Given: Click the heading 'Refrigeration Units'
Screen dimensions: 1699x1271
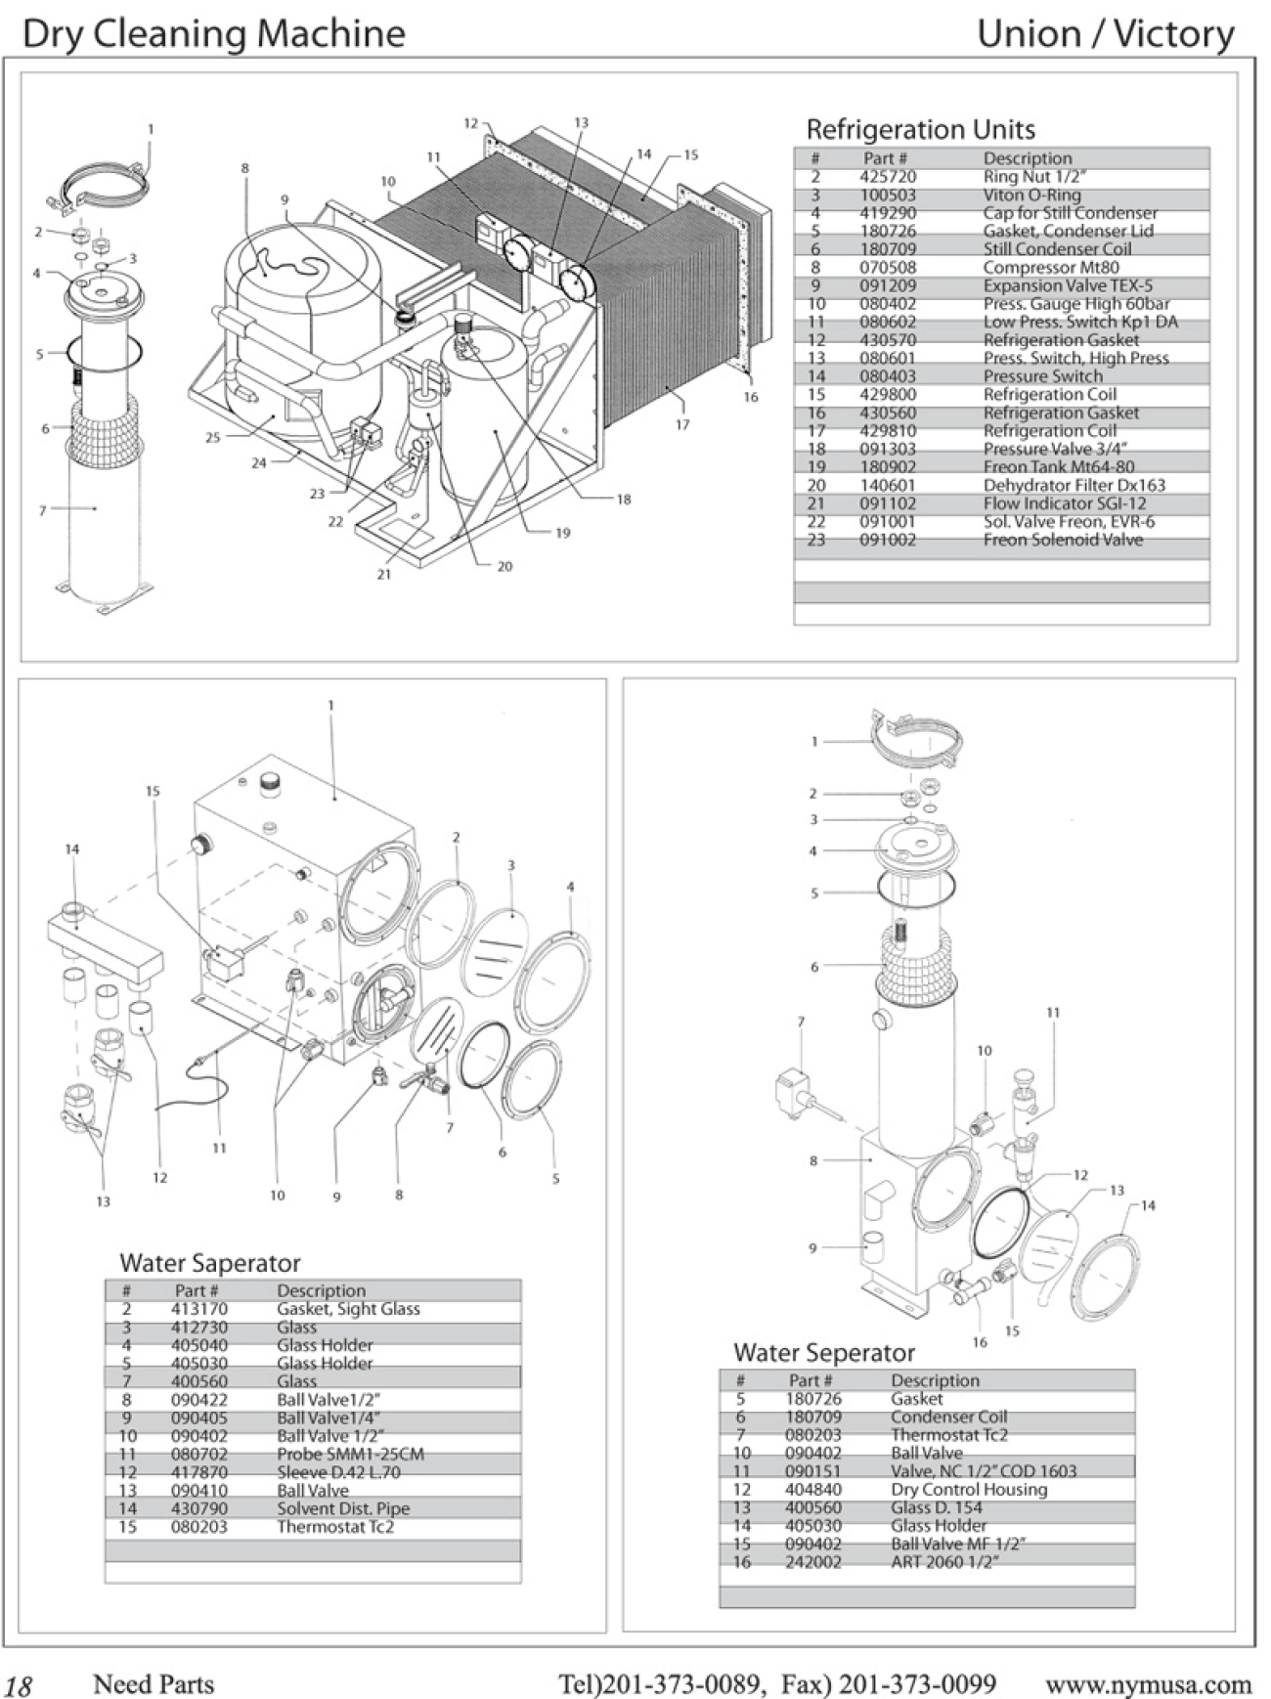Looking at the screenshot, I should pyautogui.click(x=920, y=129).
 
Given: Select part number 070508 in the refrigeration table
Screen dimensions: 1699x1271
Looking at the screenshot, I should pyautogui.click(x=887, y=268).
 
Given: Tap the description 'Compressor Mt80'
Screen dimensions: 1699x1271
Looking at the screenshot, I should pyautogui.click(x=1051, y=268).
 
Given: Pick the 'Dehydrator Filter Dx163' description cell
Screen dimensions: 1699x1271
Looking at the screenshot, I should pyautogui.click(x=1074, y=485).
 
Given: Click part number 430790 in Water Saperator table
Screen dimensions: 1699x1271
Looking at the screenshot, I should pyautogui.click(x=199, y=1508).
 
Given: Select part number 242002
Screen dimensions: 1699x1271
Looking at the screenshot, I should pyautogui.click(x=812, y=1562).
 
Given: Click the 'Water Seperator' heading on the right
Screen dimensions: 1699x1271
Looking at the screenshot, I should pyautogui.click(x=824, y=1353).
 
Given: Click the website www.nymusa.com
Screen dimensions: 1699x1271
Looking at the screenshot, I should pyautogui.click(x=1148, y=1684).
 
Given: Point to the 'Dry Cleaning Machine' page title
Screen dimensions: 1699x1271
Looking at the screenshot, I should pyautogui.click(x=213, y=34).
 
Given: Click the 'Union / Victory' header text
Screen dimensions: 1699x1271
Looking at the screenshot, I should pyautogui.click(x=1106, y=34).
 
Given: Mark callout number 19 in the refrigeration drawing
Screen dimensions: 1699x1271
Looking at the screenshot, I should pyautogui.click(x=563, y=534).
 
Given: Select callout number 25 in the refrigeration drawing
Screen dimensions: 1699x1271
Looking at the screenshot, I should pyautogui.click(x=212, y=438).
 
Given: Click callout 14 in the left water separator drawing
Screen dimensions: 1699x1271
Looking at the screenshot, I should pyautogui.click(x=71, y=849).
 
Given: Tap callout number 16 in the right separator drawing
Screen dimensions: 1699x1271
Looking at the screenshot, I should pyautogui.click(x=980, y=1342).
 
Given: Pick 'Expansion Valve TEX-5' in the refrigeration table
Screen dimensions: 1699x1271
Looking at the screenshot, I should pyautogui.click(x=1068, y=286).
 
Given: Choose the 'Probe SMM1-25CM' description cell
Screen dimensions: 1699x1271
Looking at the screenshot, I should pyautogui.click(x=350, y=1454).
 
